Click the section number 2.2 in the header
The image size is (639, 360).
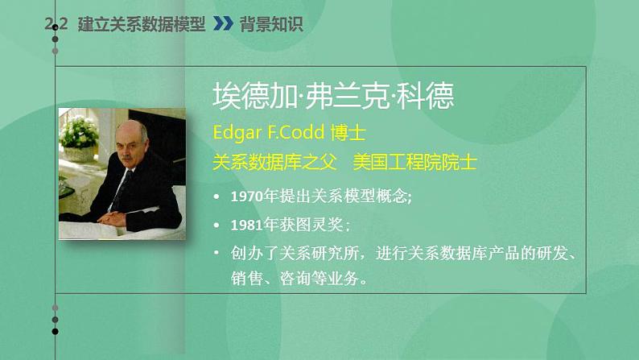pyautogui.click(x=57, y=25)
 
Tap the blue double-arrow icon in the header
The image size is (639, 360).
pyautogui.click(x=223, y=25)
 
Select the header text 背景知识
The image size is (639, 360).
pyautogui.click(x=271, y=25)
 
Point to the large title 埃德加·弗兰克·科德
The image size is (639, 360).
pyautogui.click(x=333, y=96)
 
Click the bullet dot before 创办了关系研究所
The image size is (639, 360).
pyautogui.click(x=216, y=253)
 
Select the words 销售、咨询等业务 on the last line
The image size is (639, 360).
pyautogui.click(x=299, y=279)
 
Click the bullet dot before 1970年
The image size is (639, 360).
pyautogui.click(x=216, y=197)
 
